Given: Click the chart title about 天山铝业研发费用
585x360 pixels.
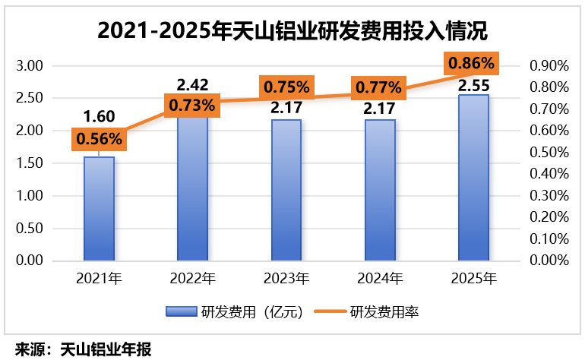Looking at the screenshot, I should pos(292,32).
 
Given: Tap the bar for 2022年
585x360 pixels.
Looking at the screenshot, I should pos(192,190).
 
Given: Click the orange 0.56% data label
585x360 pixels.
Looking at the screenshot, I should pos(97,139).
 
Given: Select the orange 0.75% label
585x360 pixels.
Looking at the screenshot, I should pos(286,87).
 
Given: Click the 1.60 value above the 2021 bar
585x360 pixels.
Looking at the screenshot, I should pos(99,116).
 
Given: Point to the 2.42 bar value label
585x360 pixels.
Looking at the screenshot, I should pos(192,83).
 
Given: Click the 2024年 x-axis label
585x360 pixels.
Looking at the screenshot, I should pos(379,279).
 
